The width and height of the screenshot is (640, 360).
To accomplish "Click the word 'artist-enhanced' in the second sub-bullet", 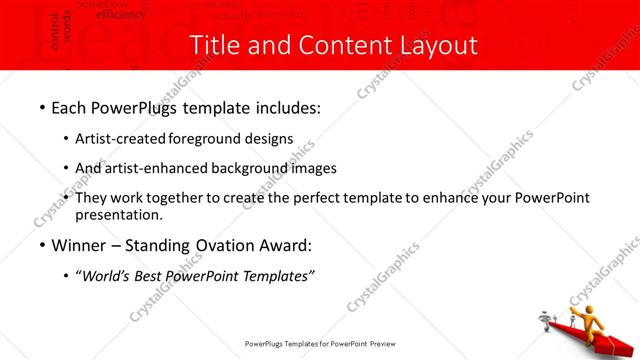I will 157,168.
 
